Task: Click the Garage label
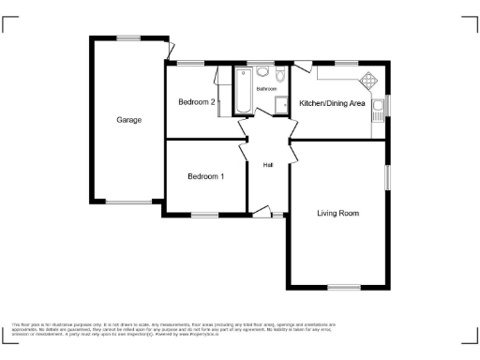(x=128, y=120)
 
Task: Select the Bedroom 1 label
(x=205, y=176)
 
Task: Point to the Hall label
(x=268, y=165)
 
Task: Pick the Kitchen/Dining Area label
(x=332, y=103)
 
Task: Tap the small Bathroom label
(x=267, y=88)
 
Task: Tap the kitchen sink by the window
(x=377, y=112)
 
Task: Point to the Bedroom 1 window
(x=205, y=216)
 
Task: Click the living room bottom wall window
(x=339, y=287)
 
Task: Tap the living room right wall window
(x=388, y=178)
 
